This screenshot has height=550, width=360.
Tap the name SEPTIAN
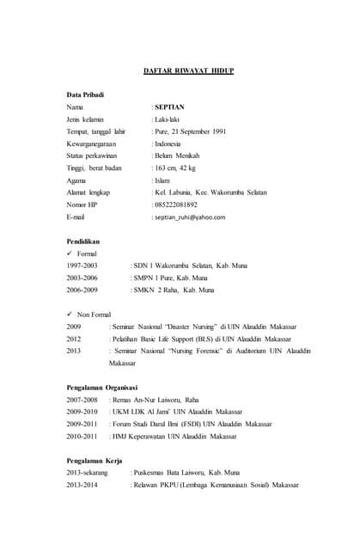170,107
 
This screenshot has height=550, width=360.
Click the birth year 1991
217,131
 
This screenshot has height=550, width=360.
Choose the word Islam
163,180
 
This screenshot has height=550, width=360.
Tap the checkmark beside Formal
70,254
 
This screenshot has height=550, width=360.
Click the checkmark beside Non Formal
70,315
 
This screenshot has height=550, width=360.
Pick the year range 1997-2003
82,266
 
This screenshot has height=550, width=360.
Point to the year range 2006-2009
82,290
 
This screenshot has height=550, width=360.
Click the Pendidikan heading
83,242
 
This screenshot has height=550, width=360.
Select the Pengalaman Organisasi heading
102,388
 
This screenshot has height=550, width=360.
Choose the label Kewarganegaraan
90,144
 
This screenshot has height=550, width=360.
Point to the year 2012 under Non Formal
74,339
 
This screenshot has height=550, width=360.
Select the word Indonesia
168,144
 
